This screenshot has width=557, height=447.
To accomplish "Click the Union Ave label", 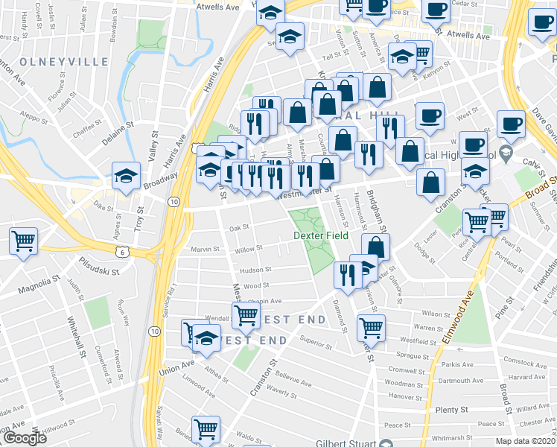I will pyautogui.click(x=176, y=367).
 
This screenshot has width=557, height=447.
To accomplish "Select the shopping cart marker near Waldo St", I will pyautogui.click(x=205, y=429).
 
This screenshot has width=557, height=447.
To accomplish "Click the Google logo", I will pyautogui.click(x=24, y=437).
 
